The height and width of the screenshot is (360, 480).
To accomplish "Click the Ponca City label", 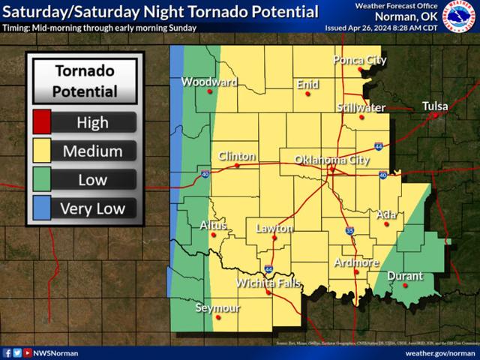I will pos(359,60).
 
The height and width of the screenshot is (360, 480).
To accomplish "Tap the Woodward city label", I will pos(209,82).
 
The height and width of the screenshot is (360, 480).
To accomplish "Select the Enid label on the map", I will pos(307,85).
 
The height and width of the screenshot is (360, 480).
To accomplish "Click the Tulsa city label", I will pos(435,106).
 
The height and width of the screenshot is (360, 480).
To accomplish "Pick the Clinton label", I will pos(237,156).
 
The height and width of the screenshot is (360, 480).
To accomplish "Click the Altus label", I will pos(214,224).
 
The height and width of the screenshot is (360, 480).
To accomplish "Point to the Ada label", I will pos(386,214).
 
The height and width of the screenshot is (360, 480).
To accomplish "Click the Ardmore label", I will pos(356,262).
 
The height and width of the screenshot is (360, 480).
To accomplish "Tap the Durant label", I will pos(405,276).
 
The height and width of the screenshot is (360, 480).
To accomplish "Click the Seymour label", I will pos(218,307).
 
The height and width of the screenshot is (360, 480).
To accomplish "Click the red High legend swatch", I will pos(42,122).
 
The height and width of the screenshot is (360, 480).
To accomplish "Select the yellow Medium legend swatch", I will pos(42,151).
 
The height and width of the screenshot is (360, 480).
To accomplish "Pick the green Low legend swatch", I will pos(42,179).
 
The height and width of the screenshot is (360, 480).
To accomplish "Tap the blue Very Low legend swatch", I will pos(42,208).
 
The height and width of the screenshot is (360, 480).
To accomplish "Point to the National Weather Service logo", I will pos(459,17).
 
